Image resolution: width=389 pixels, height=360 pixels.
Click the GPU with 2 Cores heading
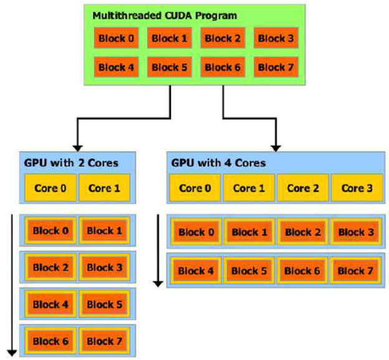(x=70, y=163)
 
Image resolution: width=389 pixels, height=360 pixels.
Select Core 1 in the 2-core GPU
(x=104, y=188)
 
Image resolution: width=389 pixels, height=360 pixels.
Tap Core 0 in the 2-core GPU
(x=51, y=188)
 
